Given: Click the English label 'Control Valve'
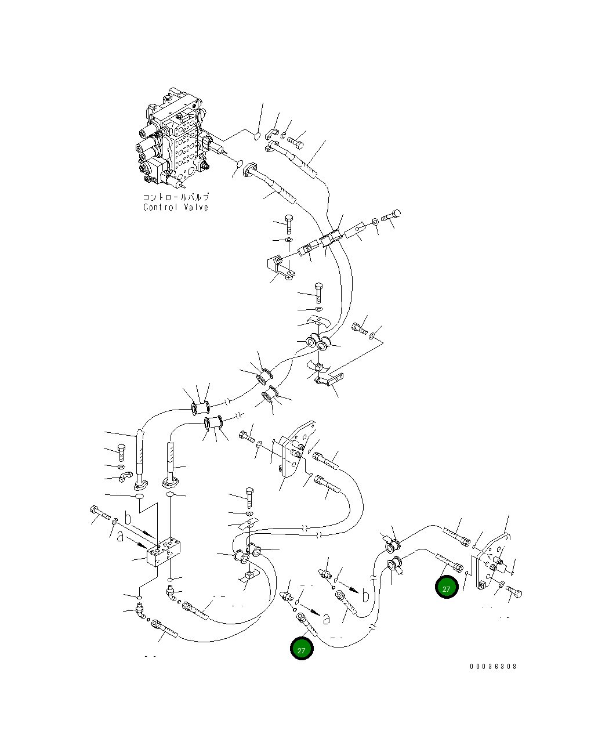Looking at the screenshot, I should coord(176,207).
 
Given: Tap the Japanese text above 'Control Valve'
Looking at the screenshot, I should coord(176,197).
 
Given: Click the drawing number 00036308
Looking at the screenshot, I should coord(493,666).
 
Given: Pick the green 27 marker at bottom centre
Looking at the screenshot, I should coord(302,649).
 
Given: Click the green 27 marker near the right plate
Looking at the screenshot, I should coord(447,588).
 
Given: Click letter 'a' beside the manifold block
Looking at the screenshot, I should coord(120,537).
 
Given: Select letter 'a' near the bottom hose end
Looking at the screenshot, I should coord(327,620).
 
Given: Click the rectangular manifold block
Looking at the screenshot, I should coord(164,552).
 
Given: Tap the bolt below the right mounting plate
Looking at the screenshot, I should coord(514,591).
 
